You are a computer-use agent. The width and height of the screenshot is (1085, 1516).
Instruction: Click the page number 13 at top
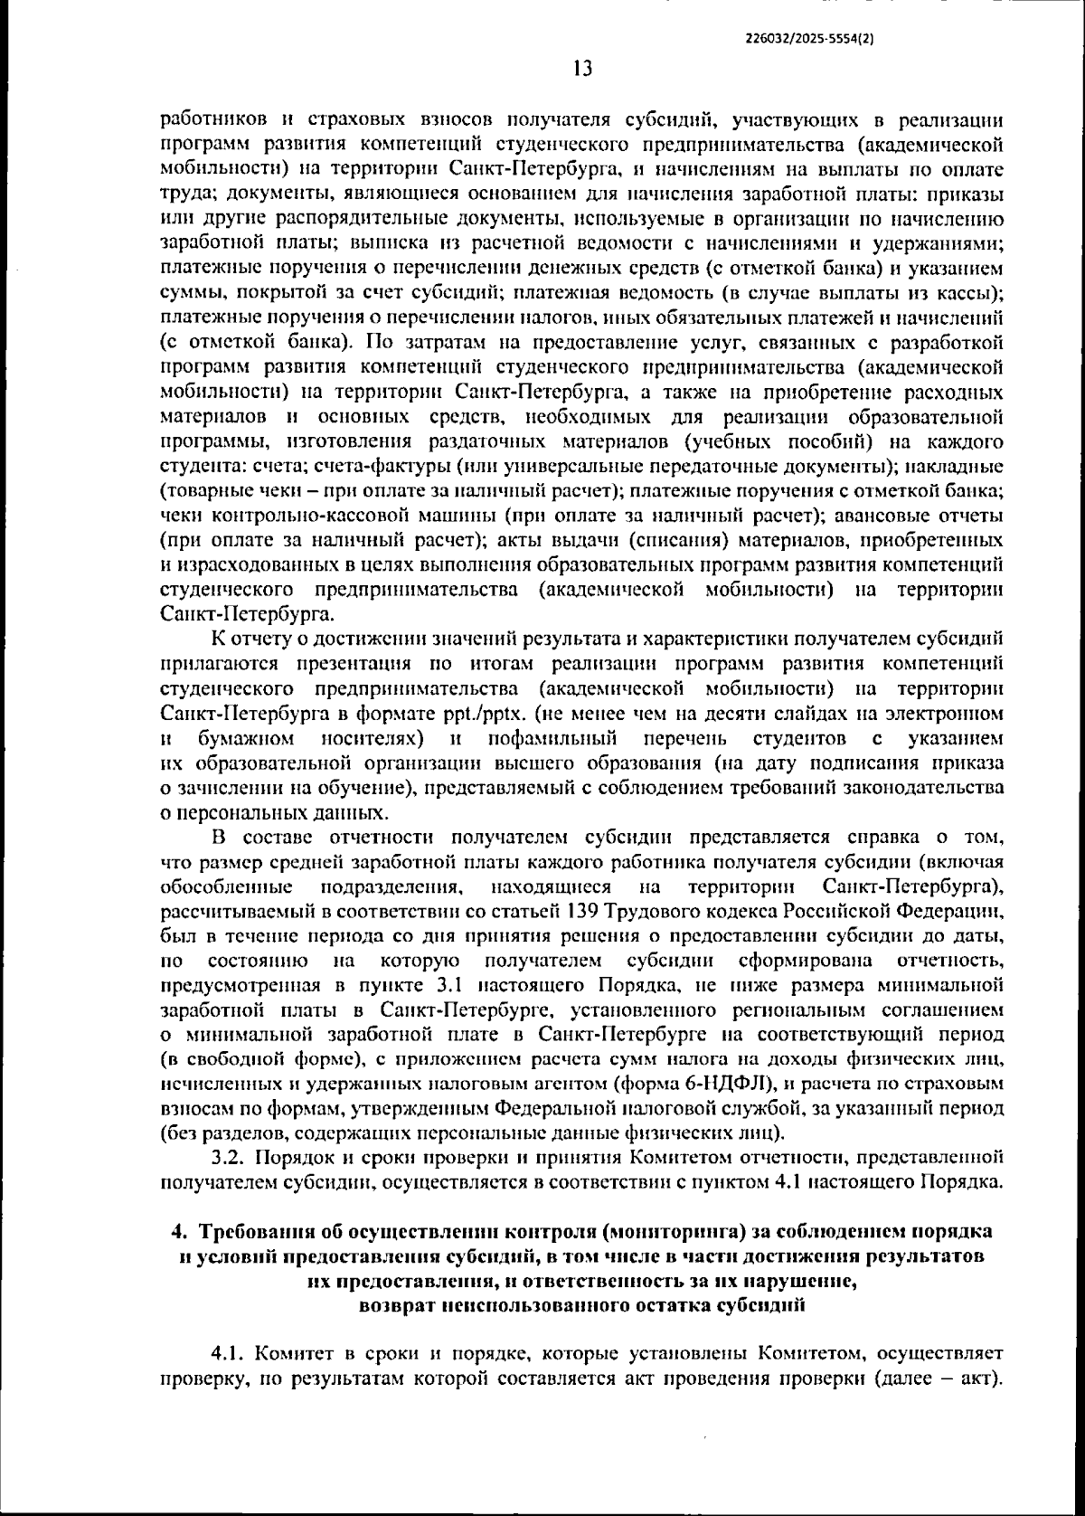581,69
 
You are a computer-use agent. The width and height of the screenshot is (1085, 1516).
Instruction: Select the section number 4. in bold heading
179,1232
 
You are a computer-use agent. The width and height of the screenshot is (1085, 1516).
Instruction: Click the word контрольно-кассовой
280,516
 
